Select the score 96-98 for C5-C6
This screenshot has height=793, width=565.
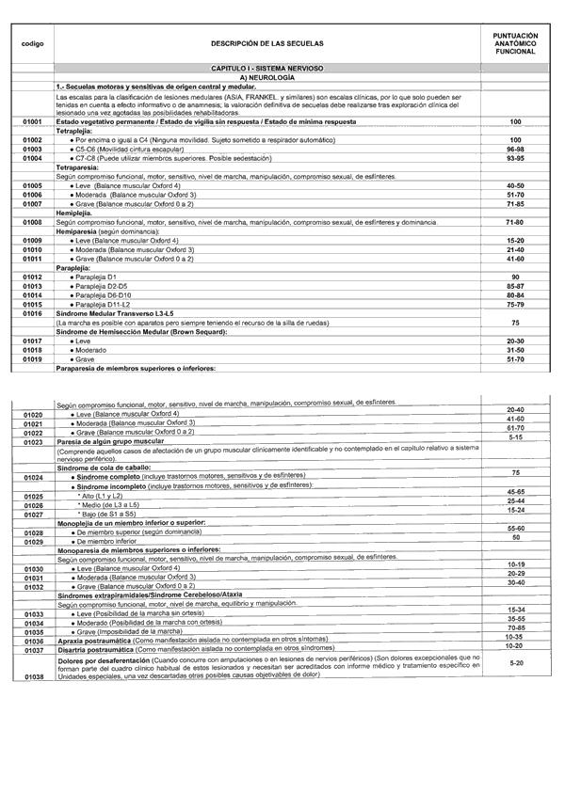515,149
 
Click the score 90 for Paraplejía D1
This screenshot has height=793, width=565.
515,277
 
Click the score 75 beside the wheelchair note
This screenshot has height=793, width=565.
515,322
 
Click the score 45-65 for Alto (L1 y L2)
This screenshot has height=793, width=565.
515,491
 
